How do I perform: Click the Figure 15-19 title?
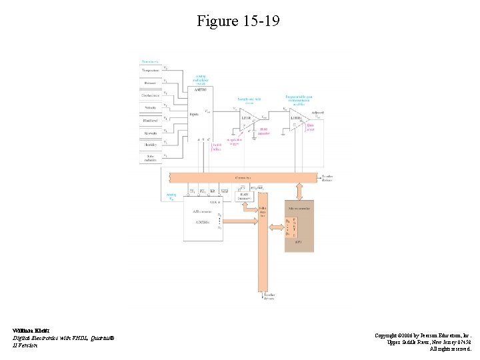(238, 21)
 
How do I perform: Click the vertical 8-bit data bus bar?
(262, 247)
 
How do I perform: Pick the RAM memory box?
(247, 195)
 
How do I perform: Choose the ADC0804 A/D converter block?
(202, 219)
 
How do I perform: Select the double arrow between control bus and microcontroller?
(299, 192)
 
